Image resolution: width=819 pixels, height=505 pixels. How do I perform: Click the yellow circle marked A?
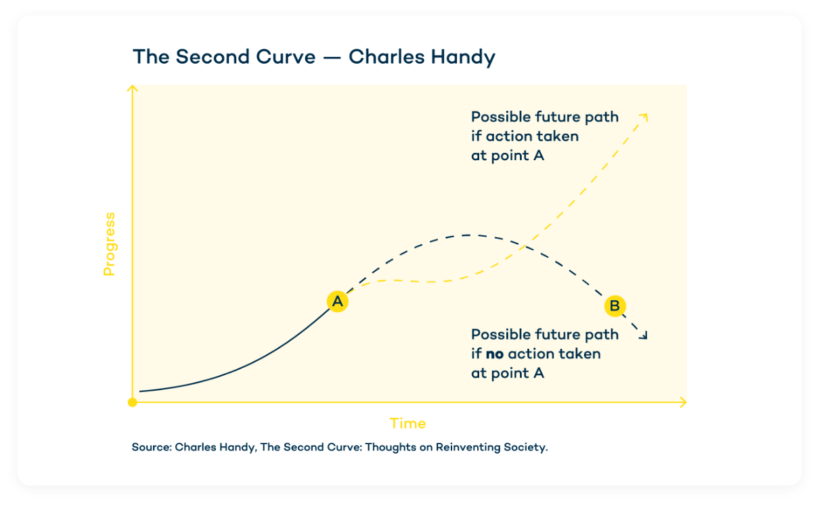pos(337,302)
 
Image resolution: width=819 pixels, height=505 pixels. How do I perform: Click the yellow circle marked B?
pos(615,306)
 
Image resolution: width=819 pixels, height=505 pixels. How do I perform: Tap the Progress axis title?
pos(109,244)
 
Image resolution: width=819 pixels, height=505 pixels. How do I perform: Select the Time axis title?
pos(407,424)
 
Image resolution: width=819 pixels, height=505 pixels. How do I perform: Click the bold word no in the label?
pos(495,354)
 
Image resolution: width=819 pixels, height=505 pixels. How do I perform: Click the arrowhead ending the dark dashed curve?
pos(644,335)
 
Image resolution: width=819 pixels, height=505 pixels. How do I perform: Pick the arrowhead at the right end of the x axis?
pos(682,402)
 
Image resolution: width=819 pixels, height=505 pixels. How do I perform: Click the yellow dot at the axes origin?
pos(133,402)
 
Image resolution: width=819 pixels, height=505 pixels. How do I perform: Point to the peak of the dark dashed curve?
pos(468,235)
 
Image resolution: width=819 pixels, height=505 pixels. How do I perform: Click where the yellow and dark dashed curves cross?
pos(524,247)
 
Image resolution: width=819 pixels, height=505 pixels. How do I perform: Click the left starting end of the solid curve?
pos(140,391)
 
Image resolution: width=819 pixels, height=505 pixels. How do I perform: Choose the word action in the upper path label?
pos(508,136)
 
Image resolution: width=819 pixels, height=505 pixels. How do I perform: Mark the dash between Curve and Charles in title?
pos(332,57)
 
